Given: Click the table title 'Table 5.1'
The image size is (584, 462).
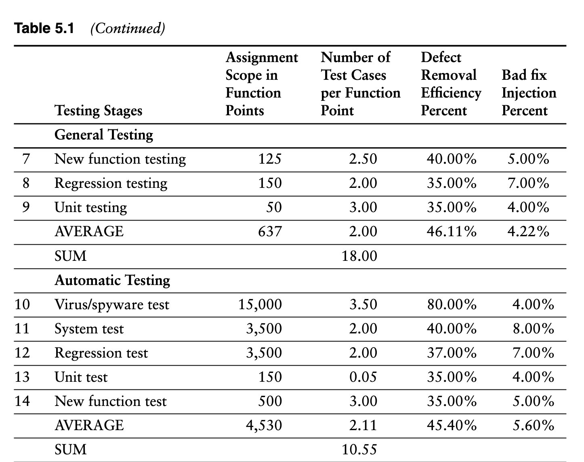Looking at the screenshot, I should (x=44, y=28).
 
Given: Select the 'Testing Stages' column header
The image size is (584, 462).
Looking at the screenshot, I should (x=98, y=110).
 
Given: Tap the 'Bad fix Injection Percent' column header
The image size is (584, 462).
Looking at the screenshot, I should (x=529, y=93).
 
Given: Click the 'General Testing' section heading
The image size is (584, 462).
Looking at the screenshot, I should (x=104, y=135).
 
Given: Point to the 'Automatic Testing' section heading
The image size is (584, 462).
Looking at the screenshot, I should (x=112, y=280).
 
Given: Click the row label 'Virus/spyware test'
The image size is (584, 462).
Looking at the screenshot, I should (x=112, y=304).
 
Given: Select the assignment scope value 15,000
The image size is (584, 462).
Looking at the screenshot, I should (x=260, y=304).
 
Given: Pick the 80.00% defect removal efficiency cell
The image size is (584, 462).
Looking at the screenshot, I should (x=452, y=304).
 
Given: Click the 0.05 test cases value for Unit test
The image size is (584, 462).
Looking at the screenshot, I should (x=363, y=377).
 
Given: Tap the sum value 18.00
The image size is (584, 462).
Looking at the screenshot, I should (x=359, y=256).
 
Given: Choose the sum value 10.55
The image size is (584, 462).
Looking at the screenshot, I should (x=359, y=450).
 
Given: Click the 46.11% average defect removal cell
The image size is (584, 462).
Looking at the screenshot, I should (x=452, y=231).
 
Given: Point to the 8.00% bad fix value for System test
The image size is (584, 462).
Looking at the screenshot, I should (x=533, y=329).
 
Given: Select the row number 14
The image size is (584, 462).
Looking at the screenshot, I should (x=22, y=401).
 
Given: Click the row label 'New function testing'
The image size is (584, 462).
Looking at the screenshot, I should (x=120, y=159).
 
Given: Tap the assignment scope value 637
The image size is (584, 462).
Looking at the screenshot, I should (x=270, y=231).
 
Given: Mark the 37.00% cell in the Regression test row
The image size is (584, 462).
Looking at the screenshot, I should (x=452, y=353).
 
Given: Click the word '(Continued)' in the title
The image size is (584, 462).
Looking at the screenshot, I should (x=128, y=28).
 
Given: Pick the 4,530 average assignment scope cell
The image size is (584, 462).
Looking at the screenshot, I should (x=264, y=425).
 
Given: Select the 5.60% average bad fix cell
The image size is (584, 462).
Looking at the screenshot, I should (x=533, y=425).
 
